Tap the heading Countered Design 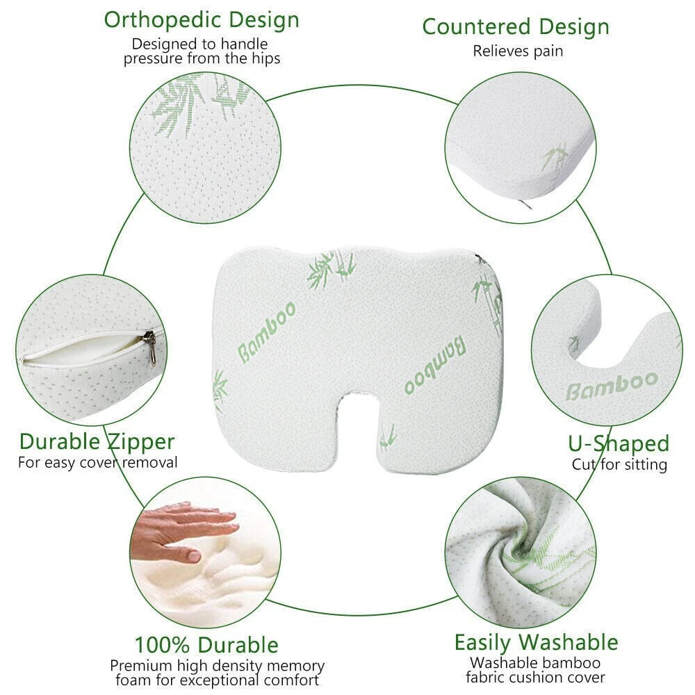tap(516, 27)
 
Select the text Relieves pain tap(518, 51)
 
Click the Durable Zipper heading tap(97, 442)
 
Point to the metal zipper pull tap(151, 347)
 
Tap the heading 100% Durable tap(206, 645)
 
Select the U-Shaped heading tap(619, 443)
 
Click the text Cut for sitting tap(620, 464)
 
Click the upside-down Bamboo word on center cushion tap(435, 364)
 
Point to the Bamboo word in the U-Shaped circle tap(612, 386)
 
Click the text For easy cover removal tap(97, 463)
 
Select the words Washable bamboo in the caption tap(535, 662)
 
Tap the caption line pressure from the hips tap(202, 58)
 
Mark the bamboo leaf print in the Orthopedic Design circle tap(195, 104)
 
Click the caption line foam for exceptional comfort tap(217, 680)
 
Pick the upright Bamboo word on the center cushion tap(267, 332)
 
